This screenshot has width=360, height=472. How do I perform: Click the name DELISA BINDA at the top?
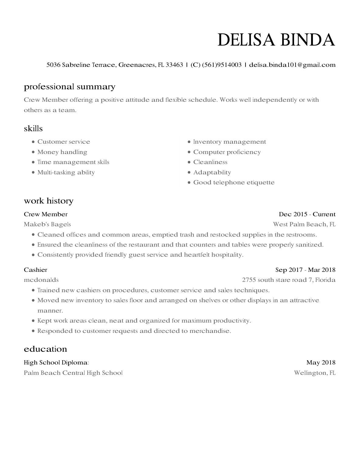pos(276,40)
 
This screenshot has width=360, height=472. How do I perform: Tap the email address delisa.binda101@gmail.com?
pos(292,65)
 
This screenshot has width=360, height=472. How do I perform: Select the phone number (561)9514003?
pos(222,65)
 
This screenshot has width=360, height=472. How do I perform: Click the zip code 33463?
pos(174,65)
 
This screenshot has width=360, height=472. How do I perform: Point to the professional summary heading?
pos(70,87)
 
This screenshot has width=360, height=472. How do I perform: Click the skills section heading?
pos(33,128)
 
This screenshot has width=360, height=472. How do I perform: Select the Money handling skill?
pos(62,152)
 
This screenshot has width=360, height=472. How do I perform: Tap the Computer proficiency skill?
pos(227,152)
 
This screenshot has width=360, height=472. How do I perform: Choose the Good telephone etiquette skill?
pos(234,183)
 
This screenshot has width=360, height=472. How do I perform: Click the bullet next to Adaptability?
pos(189,173)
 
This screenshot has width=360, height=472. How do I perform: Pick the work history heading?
pos(49,201)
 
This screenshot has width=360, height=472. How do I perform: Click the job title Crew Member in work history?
pos(46,214)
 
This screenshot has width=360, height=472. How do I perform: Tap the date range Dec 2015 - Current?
pos(307,214)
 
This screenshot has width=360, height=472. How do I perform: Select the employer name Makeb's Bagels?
pos(47,224)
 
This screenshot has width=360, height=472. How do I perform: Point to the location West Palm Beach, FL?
pos(304,224)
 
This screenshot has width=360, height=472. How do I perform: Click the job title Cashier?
pos(36,270)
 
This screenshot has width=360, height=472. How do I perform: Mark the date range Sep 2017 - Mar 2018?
pos(305,270)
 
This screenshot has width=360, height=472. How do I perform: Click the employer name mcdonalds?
pos(41,280)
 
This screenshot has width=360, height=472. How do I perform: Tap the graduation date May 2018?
pos(321,362)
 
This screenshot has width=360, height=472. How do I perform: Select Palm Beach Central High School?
pos(73,373)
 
